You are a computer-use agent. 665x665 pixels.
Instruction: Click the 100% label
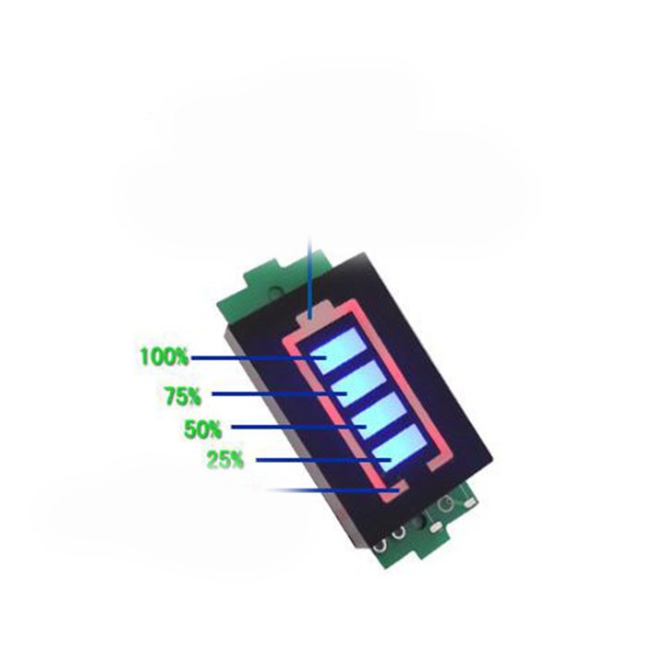163,357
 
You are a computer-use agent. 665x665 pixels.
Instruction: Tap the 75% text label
183,396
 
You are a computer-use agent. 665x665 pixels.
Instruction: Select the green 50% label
202,429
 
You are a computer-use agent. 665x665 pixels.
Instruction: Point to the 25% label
225,460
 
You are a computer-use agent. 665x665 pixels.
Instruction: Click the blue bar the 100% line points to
338,350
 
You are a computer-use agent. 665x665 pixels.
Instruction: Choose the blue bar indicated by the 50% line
380,416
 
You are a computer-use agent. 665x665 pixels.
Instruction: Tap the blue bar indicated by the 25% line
400,448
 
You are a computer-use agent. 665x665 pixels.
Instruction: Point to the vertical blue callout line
310,278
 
